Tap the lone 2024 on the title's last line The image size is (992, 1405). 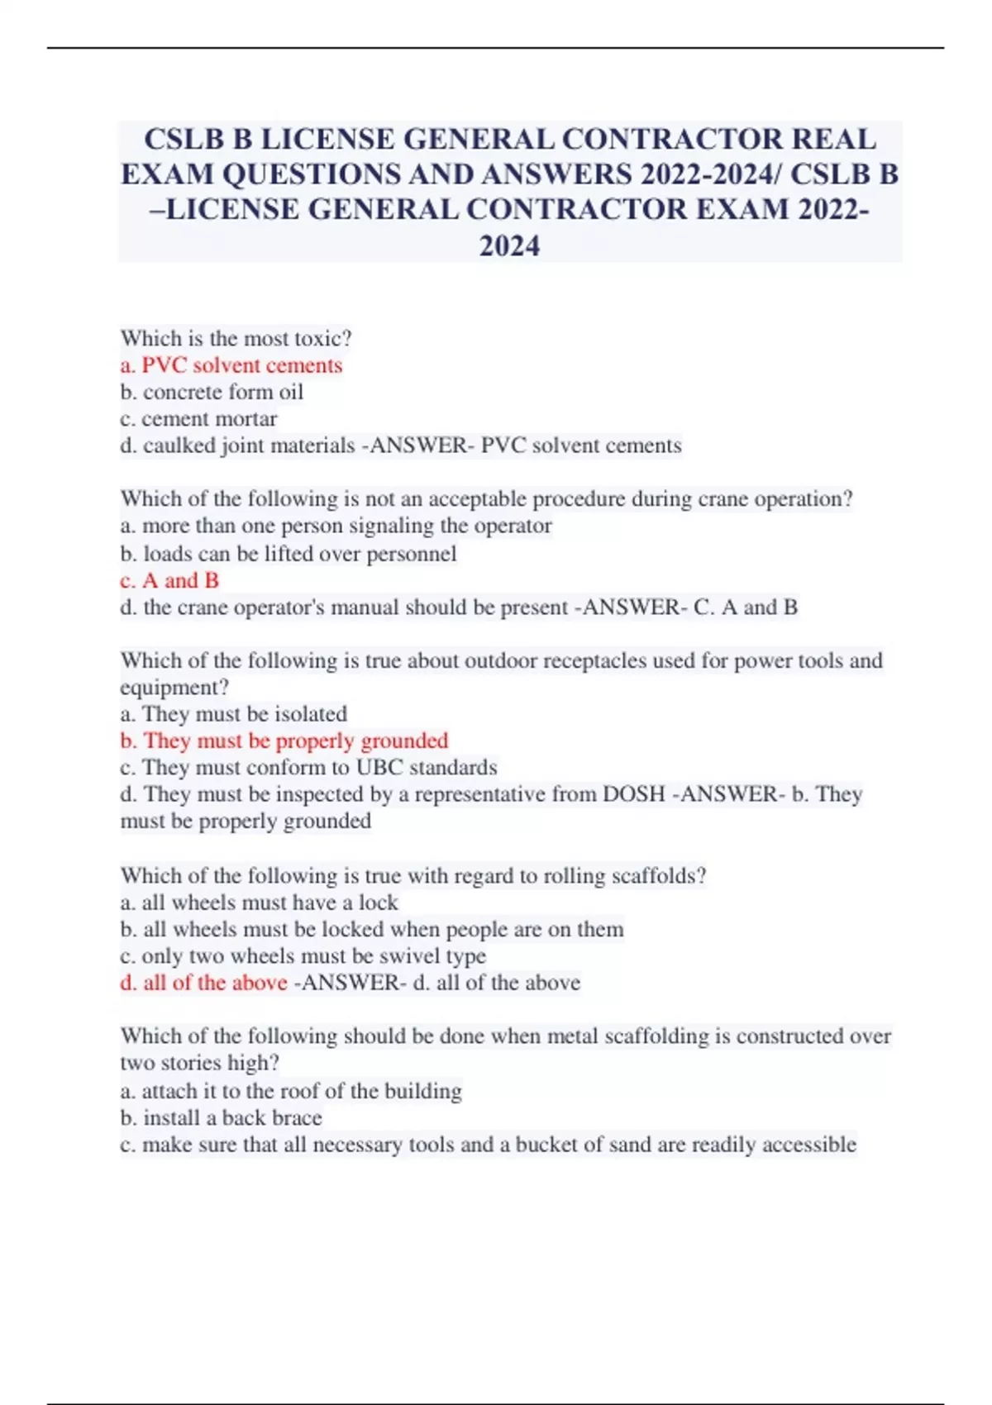[509, 245]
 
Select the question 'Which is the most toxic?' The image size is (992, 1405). [236, 338]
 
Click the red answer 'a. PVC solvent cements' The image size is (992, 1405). [231, 364]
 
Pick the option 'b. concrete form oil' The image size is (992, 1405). [212, 392]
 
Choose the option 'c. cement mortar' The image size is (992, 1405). [198, 418]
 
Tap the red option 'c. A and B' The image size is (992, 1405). [169, 580]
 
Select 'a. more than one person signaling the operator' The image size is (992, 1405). [336, 526]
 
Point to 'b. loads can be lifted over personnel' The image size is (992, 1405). [288, 553]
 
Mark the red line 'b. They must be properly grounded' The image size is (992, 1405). [284, 741]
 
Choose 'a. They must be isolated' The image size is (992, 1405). [233, 713]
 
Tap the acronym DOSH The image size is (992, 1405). [634, 794]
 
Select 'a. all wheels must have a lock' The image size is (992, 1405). [259, 902]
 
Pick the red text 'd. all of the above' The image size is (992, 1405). [203, 983]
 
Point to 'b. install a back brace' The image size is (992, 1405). [221, 1117]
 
